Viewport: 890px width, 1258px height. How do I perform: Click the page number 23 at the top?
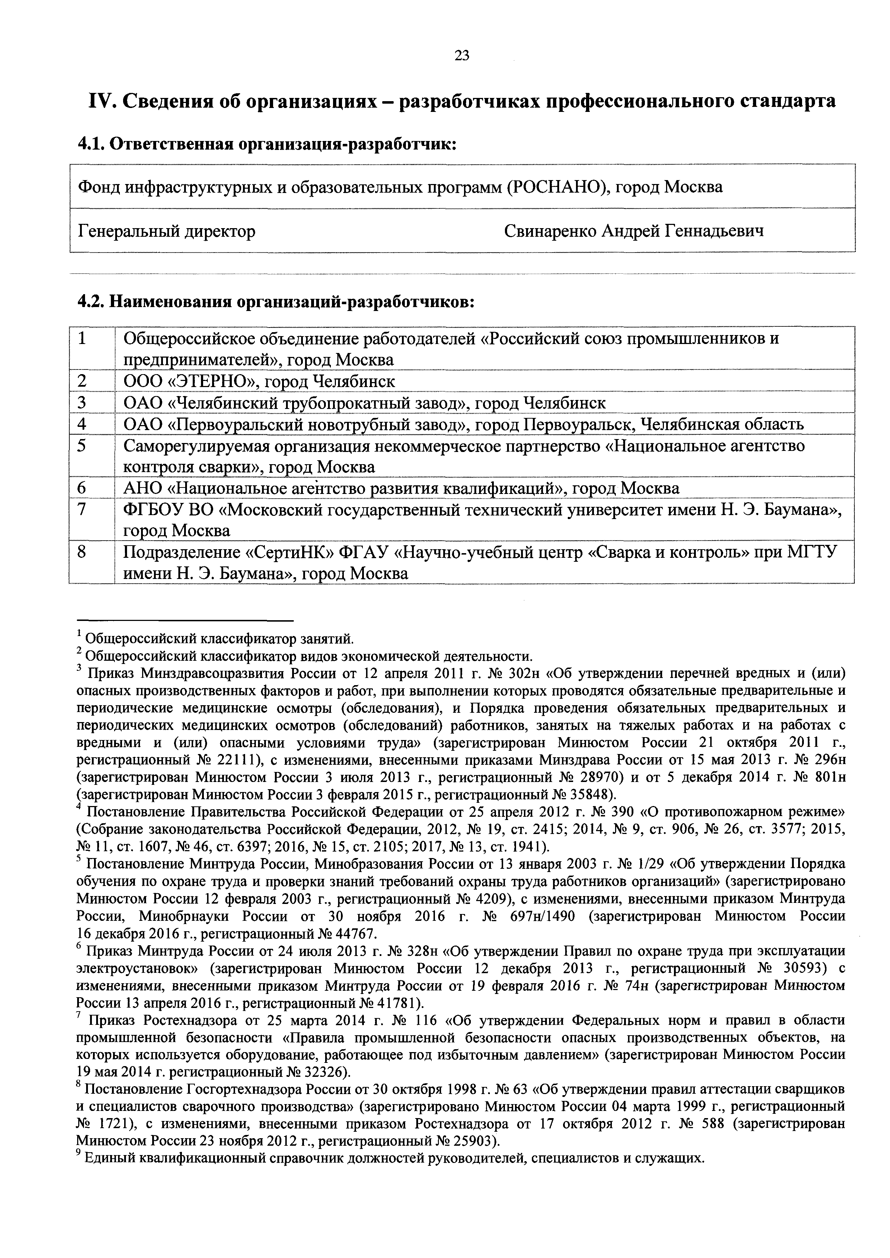pyautogui.click(x=462, y=55)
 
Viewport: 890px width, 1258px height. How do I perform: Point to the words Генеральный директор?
pyautogui.click(x=167, y=231)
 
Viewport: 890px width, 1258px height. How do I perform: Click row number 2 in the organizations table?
pyautogui.click(x=82, y=381)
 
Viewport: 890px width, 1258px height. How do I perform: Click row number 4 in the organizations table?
pyautogui.click(x=82, y=424)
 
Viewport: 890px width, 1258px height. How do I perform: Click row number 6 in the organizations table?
pyautogui.click(x=82, y=487)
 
